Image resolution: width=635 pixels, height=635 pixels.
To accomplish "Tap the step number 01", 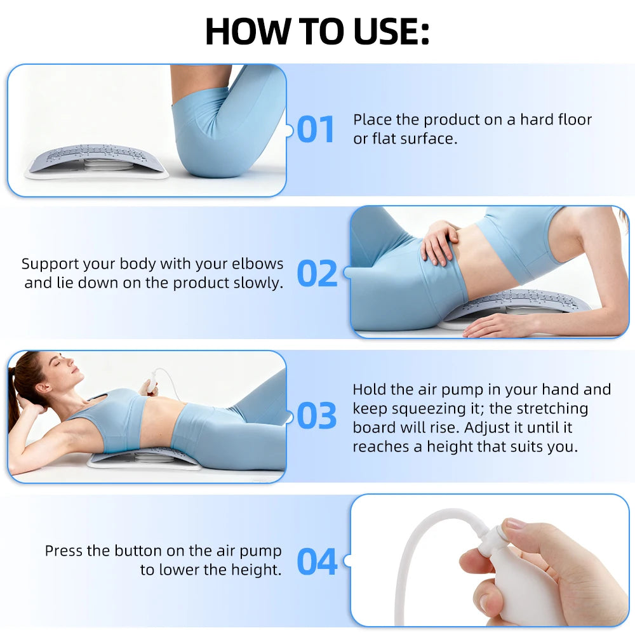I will click(316, 130).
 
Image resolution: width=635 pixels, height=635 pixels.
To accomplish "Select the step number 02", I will click(317, 274).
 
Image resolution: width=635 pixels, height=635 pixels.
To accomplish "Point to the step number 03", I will click(316, 416).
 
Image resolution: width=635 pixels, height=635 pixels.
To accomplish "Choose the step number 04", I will click(317, 561).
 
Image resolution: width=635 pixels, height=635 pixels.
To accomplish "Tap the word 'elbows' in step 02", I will click(257, 264).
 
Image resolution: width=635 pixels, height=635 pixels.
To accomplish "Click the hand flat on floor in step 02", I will click(495, 325).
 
